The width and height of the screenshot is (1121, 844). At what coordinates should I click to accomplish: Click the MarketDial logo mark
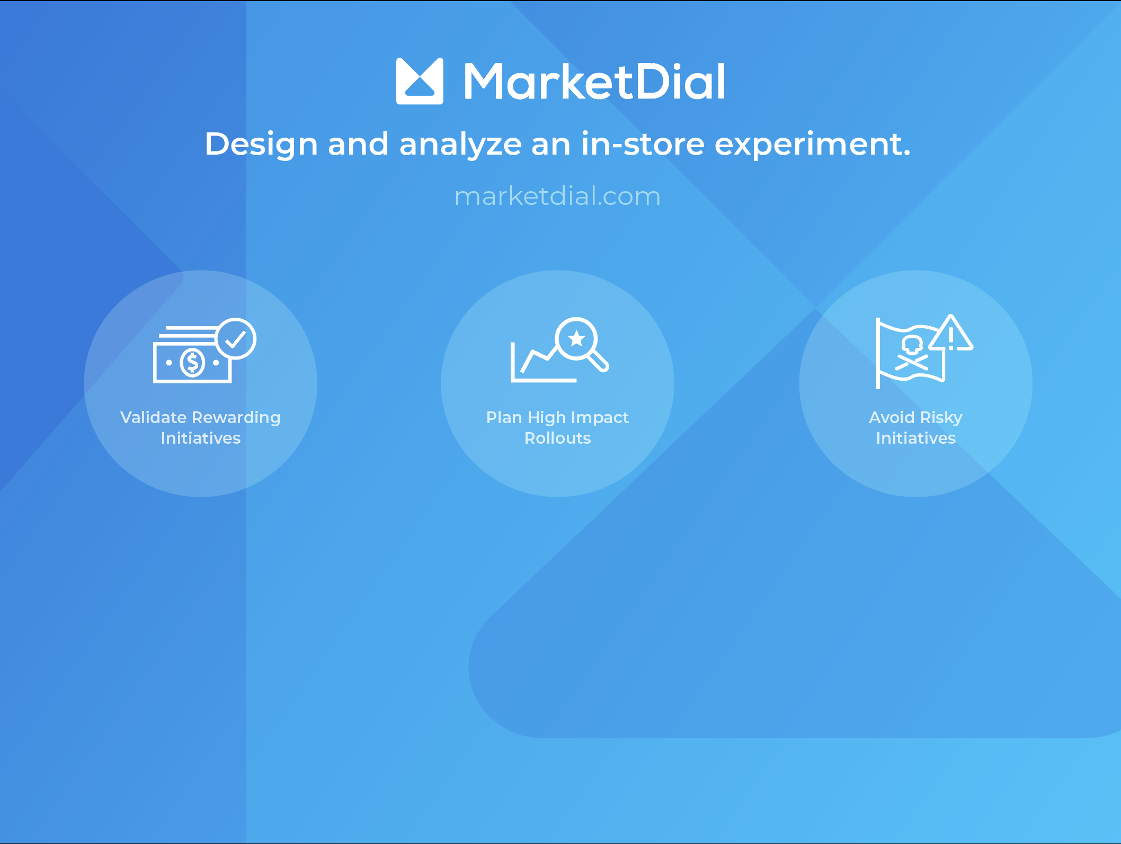[x=420, y=81]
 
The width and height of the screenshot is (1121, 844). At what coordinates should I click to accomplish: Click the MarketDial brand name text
[x=594, y=82]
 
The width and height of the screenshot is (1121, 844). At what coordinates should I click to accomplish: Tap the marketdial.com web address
[x=557, y=196]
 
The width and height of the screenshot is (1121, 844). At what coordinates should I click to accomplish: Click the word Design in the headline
[x=261, y=145]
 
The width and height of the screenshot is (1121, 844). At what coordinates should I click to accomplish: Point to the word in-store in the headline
[x=643, y=144]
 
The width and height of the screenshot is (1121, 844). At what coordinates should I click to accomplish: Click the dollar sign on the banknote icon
[x=192, y=363]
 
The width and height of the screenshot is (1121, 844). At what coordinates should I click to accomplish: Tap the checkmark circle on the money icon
[x=236, y=339]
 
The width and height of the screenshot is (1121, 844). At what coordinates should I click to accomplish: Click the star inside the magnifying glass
[x=576, y=338]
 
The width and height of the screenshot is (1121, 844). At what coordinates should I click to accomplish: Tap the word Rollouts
[x=557, y=438]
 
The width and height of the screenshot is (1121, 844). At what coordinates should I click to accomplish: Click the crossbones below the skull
[x=912, y=363]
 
